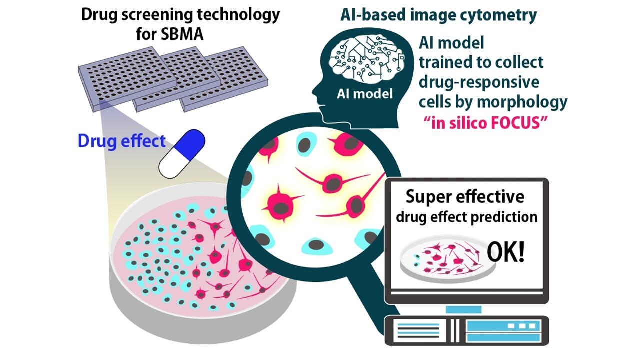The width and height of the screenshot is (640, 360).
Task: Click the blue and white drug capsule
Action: coord(182,152)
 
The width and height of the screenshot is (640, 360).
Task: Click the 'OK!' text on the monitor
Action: coord(506,253)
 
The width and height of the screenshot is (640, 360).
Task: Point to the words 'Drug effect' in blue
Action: coord(121,141)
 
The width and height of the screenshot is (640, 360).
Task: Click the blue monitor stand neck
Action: coord(463,310)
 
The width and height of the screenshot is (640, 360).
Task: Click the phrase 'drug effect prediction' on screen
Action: coord(466,217)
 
